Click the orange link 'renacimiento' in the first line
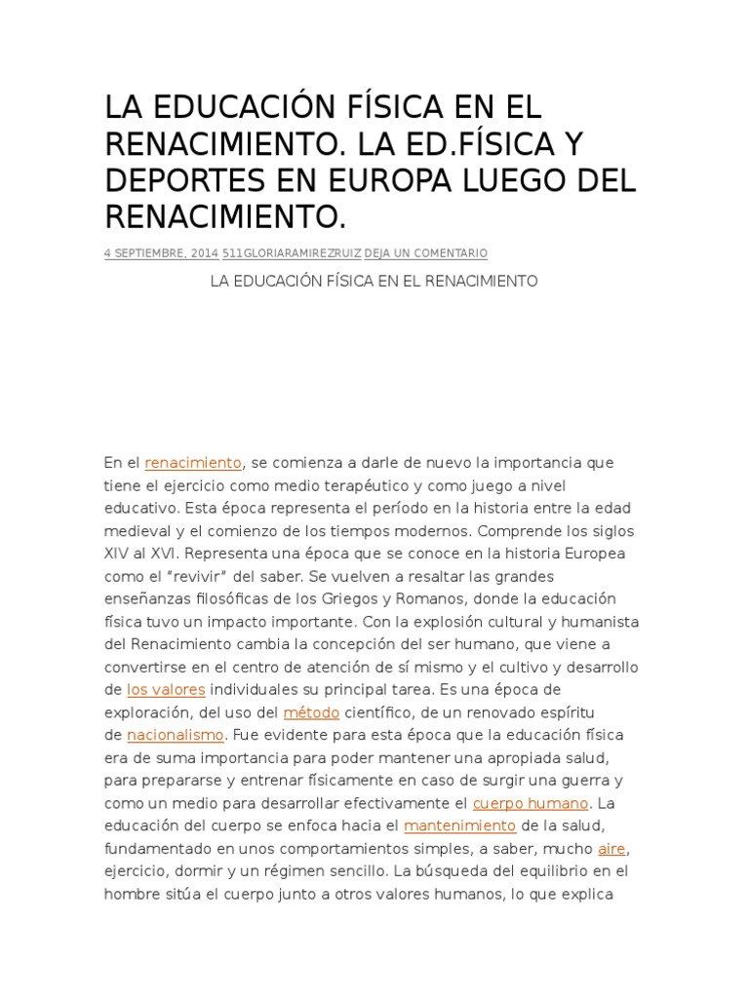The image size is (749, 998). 193,462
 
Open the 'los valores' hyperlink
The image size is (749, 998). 166,689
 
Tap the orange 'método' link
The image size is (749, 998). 312,711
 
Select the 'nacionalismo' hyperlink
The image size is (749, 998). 177,735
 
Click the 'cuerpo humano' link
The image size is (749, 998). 531,803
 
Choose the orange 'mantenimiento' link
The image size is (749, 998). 459,825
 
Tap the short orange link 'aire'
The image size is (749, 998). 611,848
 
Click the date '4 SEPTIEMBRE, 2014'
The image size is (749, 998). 161,253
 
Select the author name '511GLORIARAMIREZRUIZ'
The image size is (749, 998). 292,253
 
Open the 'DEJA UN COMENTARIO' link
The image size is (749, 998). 426,253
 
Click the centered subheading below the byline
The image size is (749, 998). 374,281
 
